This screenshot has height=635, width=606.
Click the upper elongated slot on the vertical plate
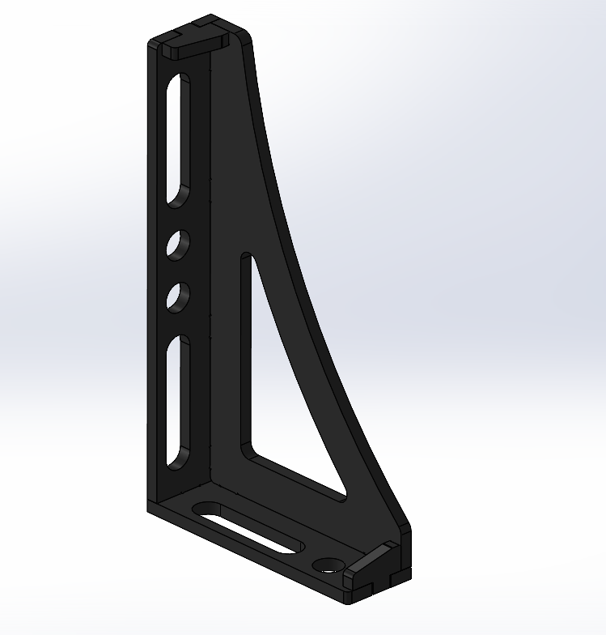tap(178, 138)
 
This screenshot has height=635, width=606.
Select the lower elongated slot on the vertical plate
tap(178, 401)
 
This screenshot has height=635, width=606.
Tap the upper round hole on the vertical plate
tap(178, 244)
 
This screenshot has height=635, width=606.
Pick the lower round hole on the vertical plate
tap(178, 297)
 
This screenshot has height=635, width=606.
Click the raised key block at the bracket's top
tap(194, 42)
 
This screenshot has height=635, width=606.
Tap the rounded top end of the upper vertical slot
tap(179, 80)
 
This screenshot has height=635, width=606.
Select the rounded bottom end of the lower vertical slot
tap(176, 462)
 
